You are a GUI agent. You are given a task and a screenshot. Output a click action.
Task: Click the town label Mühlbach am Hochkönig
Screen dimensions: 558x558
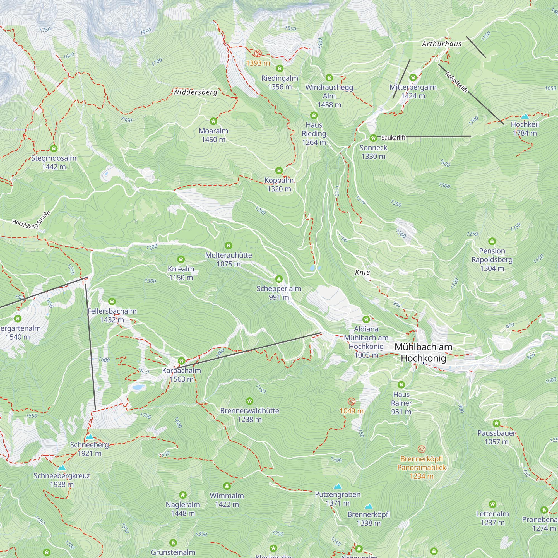coord(424,352)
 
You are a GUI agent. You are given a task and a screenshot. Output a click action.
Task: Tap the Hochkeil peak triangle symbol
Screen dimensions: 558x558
coord(525,117)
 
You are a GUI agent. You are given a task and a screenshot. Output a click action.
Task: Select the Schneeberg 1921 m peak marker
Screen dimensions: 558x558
coord(90,437)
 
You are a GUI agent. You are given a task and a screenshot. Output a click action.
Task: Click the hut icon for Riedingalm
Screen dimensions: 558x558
coord(279,68)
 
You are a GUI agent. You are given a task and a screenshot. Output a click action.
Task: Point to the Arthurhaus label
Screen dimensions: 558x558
coord(441,44)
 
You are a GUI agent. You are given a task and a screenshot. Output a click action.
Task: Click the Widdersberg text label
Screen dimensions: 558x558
coord(195,92)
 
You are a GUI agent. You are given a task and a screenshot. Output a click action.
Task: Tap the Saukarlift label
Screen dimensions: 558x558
coord(393,138)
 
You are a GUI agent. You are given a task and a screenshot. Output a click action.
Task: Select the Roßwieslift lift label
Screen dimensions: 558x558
coord(456,82)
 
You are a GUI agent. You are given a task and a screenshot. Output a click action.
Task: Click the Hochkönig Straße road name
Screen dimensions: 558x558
coord(31,220)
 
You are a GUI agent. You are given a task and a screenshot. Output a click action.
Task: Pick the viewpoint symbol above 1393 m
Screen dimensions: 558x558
coord(258,54)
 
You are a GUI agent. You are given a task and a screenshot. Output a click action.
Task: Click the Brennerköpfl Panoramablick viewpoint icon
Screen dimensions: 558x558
coord(421,449)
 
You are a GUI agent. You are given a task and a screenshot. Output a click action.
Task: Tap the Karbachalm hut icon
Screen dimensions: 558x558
coord(181,361)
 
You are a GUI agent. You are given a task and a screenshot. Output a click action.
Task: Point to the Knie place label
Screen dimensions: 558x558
coord(362,272)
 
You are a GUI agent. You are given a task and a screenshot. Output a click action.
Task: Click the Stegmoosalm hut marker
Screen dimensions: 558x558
coord(54,148)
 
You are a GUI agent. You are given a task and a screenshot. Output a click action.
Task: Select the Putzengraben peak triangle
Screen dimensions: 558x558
coord(337,486)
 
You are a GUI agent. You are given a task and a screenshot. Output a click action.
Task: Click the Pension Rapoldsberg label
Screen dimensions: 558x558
coord(492,259)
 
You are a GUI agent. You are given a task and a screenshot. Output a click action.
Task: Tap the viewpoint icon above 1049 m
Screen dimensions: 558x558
coord(351,401)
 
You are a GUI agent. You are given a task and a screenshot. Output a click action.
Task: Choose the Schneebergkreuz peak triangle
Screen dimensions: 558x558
coord(61,468)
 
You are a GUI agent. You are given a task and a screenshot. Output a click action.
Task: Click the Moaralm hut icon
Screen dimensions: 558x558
coord(213,121)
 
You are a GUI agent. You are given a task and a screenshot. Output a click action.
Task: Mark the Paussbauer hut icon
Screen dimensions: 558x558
coord(496,424)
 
